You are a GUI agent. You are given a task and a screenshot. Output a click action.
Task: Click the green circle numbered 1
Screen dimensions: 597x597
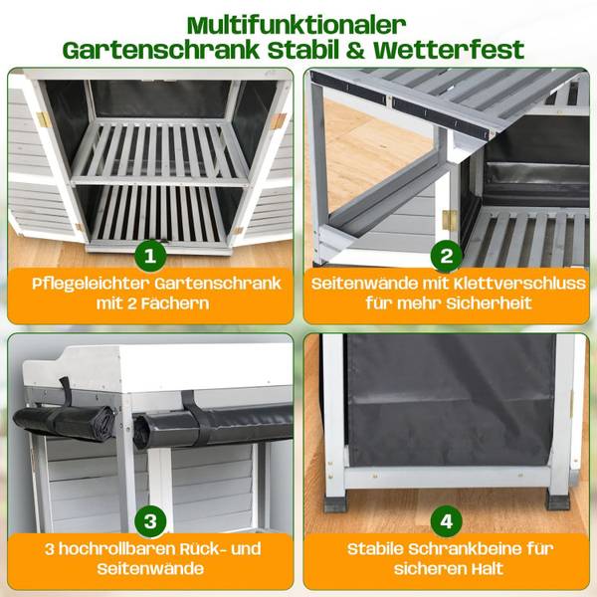pos(150,256)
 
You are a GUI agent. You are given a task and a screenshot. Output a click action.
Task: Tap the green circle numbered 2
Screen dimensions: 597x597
pos(447,256)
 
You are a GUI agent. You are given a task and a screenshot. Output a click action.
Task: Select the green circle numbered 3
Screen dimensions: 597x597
pos(150,521)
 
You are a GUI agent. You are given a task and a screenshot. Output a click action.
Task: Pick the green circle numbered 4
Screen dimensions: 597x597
pos(447,521)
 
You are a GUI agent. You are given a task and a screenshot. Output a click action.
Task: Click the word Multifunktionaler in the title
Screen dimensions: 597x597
pos(297,26)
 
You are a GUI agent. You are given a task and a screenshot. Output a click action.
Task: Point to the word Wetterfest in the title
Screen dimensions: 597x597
pos(450,51)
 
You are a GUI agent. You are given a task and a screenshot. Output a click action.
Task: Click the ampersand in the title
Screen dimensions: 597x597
pos(355,51)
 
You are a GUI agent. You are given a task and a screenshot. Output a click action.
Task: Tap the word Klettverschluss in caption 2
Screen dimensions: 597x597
pos(514,284)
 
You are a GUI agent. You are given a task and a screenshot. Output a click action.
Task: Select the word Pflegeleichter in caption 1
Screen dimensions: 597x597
pos(90,285)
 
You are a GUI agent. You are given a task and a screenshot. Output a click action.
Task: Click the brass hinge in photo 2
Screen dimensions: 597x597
pos(450,220)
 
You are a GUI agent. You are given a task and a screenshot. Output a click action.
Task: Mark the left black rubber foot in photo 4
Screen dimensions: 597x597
pos(335,503)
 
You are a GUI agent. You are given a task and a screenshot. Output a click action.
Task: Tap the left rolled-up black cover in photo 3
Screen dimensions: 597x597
pos(64,424)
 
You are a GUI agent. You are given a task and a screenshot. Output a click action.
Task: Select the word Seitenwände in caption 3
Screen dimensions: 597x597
pos(150,569)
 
